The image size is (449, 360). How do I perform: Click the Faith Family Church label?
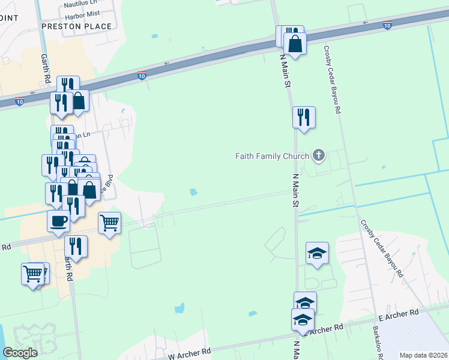271,156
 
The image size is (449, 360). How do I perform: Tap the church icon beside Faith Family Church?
319,156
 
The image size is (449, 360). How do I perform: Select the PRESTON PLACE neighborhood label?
77,26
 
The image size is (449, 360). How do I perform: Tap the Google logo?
20,353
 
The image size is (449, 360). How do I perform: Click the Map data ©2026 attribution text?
423,355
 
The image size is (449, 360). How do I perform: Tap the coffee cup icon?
58,221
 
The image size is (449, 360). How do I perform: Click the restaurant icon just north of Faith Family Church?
304,116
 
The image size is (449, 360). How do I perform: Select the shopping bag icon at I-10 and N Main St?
295,43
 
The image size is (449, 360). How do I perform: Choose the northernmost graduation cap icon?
317,252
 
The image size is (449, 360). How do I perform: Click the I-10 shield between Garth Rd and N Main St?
142,75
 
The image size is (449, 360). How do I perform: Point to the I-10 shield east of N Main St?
387,25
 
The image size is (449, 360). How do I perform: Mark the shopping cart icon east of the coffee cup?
109,223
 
